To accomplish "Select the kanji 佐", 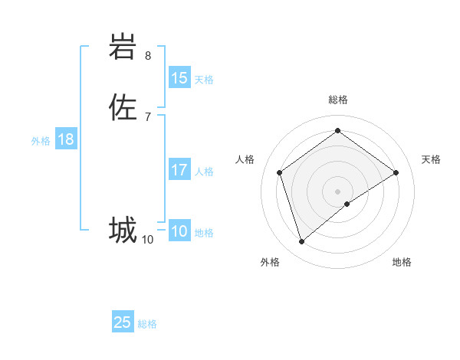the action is coord(123,106).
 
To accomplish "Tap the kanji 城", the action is coord(123,229).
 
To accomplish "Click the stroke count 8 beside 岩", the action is coord(148,56).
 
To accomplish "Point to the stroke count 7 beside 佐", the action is coord(148,116).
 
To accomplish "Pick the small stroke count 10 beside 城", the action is coord(148,240).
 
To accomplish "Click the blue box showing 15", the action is coord(179,78).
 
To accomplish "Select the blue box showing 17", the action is coord(179,170).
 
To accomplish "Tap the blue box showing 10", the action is coord(179,231).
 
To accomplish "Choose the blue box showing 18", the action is coord(66,139).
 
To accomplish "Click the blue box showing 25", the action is coord(123,322).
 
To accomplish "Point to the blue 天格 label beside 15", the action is coord(204,80).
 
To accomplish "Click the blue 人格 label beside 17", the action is coord(204,172).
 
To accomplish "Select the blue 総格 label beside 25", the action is coord(147,324).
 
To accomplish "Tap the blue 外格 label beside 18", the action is coord(41,141).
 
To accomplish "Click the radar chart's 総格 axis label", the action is coord(337,100).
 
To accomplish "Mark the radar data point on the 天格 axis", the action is coord(396,172).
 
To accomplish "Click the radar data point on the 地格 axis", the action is coord(347,204).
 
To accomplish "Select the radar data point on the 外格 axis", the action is coord(301,242).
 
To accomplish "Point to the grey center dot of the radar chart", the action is coord(337,191).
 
